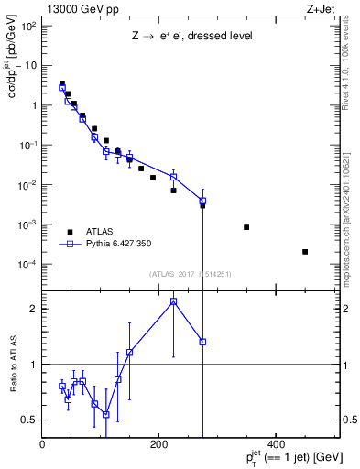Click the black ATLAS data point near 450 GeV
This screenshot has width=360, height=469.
pyautogui.click(x=305, y=252)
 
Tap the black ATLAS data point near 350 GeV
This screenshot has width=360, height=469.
pyautogui.click(x=246, y=227)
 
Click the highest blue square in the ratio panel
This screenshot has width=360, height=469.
pyautogui.click(x=173, y=301)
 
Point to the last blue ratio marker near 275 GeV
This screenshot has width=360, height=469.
pyautogui.click(x=202, y=342)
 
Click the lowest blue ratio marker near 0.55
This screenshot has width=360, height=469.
pyautogui.click(x=106, y=414)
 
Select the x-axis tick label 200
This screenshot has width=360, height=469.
pyautogui.click(x=158, y=444)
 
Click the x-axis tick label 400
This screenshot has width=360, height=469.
pyautogui.click(x=274, y=444)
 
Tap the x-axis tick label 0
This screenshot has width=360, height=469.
pyautogui.click(x=43, y=444)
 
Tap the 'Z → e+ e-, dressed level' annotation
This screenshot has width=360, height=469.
pyautogui.click(x=190, y=37)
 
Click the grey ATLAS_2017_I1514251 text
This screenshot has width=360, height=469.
pyautogui.click(x=191, y=274)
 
